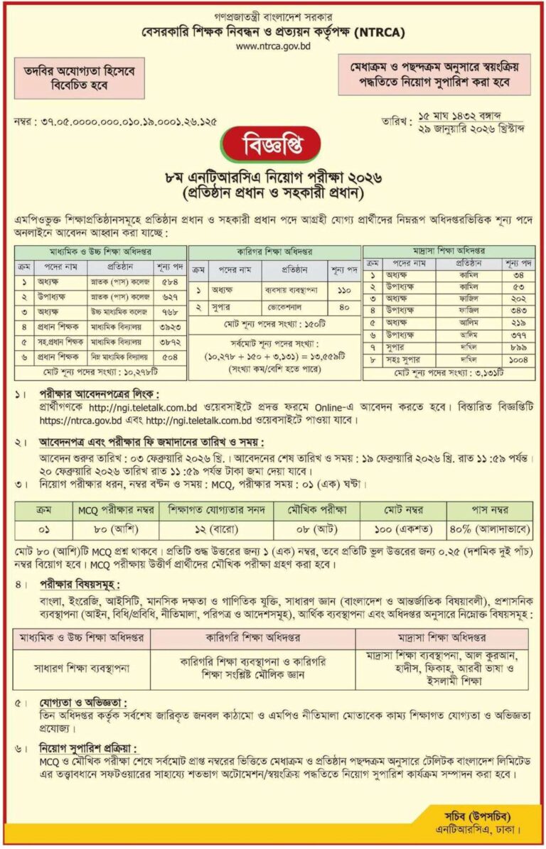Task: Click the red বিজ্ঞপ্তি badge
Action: (272, 144)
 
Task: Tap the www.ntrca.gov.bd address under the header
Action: (272, 47)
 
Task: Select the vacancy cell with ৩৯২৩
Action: (171, 328)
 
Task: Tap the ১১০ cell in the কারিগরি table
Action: (345, 291)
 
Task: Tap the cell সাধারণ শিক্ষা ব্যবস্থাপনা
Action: (81, 669)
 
